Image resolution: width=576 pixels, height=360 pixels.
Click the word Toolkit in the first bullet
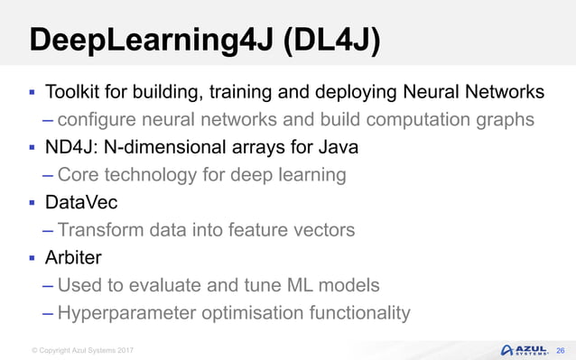click(74, 92)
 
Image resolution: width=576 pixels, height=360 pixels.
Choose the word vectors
click(322, 230)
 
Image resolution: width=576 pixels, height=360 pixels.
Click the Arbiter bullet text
click(75, 258)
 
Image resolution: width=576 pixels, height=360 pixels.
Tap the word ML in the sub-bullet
click(282, 285)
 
